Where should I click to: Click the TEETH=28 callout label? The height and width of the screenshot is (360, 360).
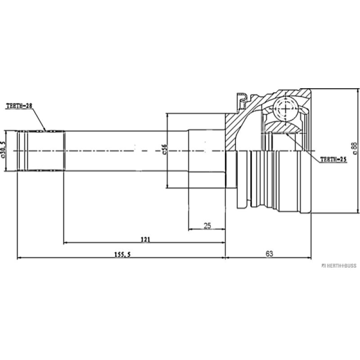pyautogui.click(x=19, y=106)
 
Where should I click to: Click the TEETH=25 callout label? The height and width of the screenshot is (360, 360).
pyautogui.click(x=333, y=159)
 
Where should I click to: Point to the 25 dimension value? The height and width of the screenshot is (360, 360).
pyautogui.click(x=207, y=225)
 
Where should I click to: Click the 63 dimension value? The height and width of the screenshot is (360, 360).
pyautogui.click(x=269, y=254)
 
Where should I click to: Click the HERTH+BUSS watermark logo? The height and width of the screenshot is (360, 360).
pyautogui.click(x=338, y=265)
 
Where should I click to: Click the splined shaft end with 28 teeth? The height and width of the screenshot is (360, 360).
pyautogui.click(x=40, y=151)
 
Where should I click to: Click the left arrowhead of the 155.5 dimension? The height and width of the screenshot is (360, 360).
pyautogui.click(x=19, y=258)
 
